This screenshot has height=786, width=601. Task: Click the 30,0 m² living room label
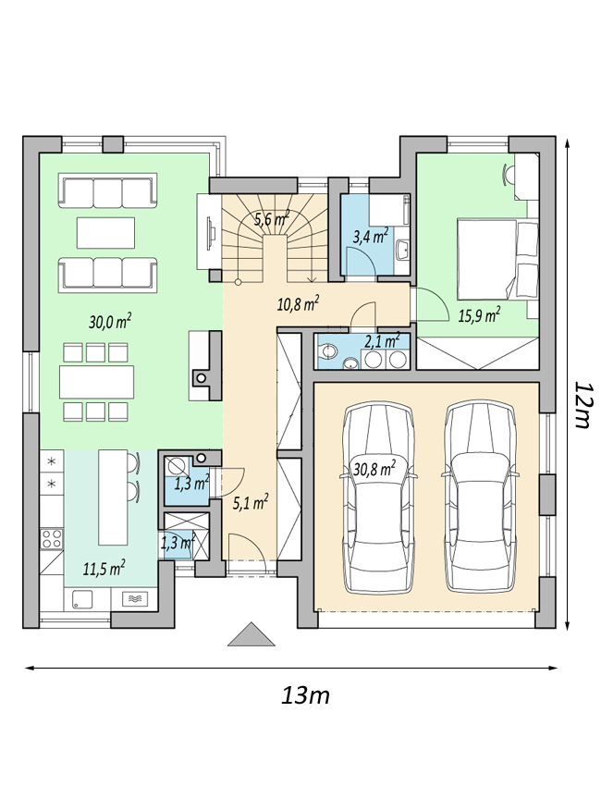tap(110, 321)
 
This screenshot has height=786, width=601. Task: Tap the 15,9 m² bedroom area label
tap(480, 314)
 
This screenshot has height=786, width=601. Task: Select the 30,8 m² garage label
tap(374, 469)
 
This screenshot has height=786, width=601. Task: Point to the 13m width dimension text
tap(305, 695)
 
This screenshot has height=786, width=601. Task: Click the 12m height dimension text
tap(583, 406)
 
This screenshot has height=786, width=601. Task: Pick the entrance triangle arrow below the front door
tap(251, 634)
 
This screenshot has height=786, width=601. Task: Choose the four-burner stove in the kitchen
tap(52, 538)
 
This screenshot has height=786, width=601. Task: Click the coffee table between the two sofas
tap(105, 232)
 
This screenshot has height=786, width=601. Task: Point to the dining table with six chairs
tap(97, 382)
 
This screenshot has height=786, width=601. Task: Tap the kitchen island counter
tap(113, 497)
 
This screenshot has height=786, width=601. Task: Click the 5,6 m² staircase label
tap(272, 218)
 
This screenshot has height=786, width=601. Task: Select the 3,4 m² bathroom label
tap(371, 236)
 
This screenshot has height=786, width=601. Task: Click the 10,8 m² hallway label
tap(299, 304)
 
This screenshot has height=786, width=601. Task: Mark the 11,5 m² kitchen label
tap(104, 568)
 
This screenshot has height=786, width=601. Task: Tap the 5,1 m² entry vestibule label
tap(251, 502)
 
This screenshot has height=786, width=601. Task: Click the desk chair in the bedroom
tap(509, 176)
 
